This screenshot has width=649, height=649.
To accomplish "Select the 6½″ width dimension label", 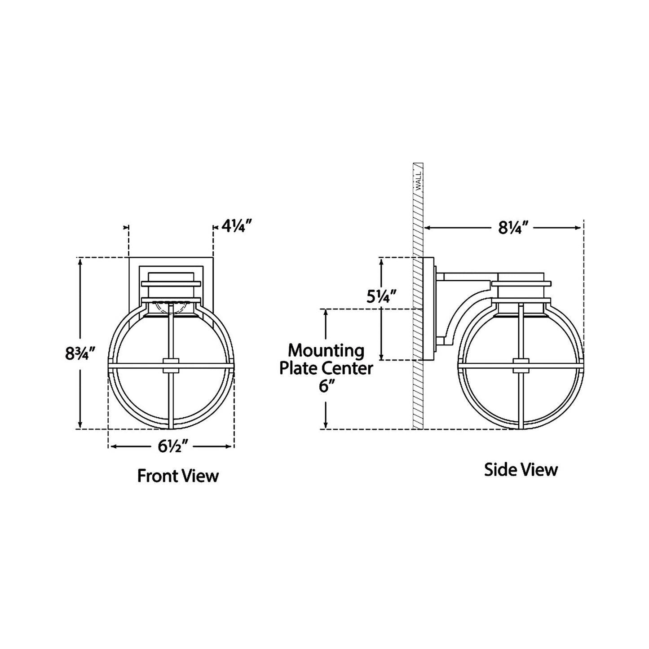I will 172,446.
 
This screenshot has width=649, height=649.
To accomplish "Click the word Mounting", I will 326,350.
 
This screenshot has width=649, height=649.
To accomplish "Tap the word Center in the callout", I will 351,368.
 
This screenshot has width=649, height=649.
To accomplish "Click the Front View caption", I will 178,476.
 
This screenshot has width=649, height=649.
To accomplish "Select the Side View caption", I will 521,470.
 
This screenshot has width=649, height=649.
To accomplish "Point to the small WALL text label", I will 418,181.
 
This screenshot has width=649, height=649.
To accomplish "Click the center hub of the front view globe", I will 171,365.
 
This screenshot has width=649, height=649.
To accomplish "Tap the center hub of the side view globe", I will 520,365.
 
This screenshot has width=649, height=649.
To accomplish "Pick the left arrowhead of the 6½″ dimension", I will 113,446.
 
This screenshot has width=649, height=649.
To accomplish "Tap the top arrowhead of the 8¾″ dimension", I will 80,261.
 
